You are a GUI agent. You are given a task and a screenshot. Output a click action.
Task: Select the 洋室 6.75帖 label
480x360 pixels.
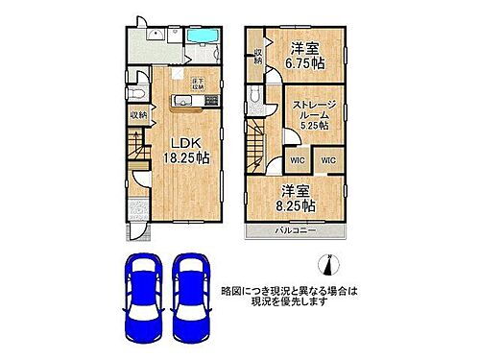pyautogui.click(x=306, y=55)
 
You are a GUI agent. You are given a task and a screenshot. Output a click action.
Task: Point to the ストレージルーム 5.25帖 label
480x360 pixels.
pyautogui.click(x=312, y=113)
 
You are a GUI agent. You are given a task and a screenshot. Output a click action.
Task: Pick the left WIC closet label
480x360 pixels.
pyautogui.click(x=299, y=159)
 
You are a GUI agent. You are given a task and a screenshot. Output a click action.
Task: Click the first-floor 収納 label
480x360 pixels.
pyautogui.click(x=138, y=115)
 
